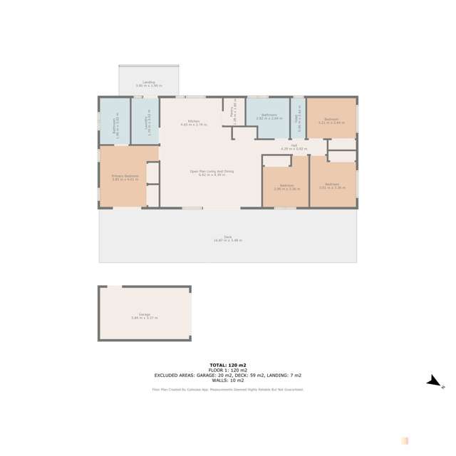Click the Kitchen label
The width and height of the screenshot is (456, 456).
[x=192, y=122]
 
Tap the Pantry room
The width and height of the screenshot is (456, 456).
[x=234, y=113]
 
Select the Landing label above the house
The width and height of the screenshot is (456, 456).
[x=149, y=83]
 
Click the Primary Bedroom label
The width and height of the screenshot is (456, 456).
[x=125, y=177]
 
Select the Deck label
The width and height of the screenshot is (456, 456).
[x=228, y=239]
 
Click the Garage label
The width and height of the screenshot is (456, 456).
[x=145, y=316]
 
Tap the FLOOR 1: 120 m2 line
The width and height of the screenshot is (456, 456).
[x=227, y=370]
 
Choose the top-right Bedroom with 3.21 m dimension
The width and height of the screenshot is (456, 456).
[x=331, y=120]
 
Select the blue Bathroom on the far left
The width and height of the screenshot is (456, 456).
[x=114, y=122]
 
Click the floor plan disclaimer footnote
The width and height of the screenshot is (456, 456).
[x=228, y=390]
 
